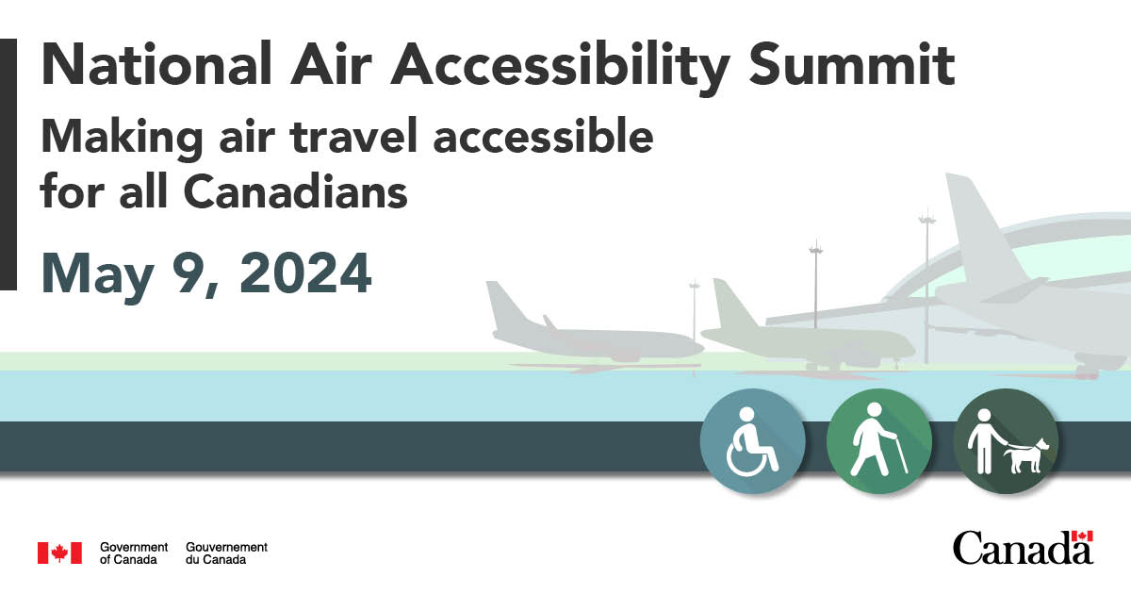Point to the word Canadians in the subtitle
295,191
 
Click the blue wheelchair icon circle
752,441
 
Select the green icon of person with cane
878,441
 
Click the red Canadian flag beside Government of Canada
59,553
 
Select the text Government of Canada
133,553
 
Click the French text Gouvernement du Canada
226,553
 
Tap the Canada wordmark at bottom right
1022,548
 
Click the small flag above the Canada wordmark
1083,536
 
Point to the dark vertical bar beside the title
8,164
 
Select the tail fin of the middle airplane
729,302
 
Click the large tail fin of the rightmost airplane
975,226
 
